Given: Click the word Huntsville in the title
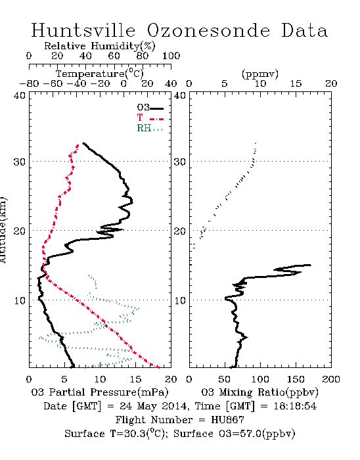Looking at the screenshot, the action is pyautogui.click(x=83, y=30).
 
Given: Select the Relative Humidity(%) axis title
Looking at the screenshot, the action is pyautogui.click(x=100, y=46).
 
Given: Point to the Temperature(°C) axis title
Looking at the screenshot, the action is pyautogui.click(x=100, y=74).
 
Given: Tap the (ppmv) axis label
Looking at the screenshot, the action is pyautogui.click(x=260, y=74).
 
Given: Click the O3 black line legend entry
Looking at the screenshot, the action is pyautogui.click(x=150, y=108).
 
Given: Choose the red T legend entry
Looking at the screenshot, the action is pyautogui.click(x=150, y=118).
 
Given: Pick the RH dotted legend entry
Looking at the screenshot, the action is pyautogui.click(x=150, y=129).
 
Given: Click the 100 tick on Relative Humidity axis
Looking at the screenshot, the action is pyautogui.click(x=171, y=56).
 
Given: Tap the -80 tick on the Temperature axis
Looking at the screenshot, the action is pyautogui.click(x=29, y=84).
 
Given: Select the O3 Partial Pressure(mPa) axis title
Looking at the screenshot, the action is pyautogui.click(x=100, y=392).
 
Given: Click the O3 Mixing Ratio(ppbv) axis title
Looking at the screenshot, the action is pyautogui.click(x=259, y=392).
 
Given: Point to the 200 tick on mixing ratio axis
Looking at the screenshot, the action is pyautogui.click(x=331, y=379).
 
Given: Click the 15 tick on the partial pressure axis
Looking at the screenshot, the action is pyautogui.click(x=135, y=379).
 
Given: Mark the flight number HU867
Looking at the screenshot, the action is pyautogui.click(x=227, y=420).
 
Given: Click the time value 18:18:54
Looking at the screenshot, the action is pyautogui.click(x=295, y=406).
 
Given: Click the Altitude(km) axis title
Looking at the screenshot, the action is pyautogui.click(x=3, y=230).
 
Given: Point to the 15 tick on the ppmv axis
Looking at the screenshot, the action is pyautogui.click(x=296, y=84).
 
